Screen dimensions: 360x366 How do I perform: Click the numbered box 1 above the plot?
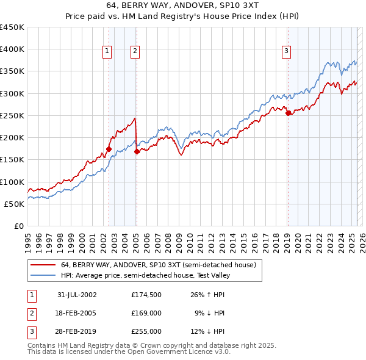tap(107, 52)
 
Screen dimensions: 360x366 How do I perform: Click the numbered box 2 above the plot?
tap(134, 52)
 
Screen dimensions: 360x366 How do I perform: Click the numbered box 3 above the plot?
tap(286, 52)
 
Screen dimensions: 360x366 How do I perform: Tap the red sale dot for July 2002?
tap(109, 149)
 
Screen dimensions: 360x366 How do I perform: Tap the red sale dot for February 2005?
tap(137, 151)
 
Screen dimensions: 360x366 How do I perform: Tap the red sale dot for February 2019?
tap(288, 113)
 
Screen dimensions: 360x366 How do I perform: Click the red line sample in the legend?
tap(43, 265)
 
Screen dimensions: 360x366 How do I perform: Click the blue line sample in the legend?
tap(43, 275)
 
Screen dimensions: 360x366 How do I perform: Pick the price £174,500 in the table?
tap(146, 295)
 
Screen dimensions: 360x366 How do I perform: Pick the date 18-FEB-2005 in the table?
tap(77, 313)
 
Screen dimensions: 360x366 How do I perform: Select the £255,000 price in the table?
tap(146, 331)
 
